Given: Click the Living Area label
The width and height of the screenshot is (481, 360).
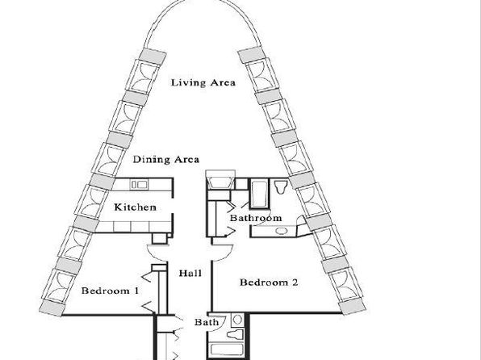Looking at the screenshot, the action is pyautogui.click(x=203, y=82).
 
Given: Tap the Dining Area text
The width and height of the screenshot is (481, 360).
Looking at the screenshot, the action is pyautogui.click(x=166, y=159).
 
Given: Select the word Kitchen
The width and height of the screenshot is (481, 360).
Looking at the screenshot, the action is pyautogui.click(x=136, y=207).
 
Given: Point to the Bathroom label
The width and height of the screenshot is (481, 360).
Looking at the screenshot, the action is pyautogui.click(x=256, y=218).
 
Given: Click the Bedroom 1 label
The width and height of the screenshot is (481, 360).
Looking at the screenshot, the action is pyautogui.click(x=110, y=291).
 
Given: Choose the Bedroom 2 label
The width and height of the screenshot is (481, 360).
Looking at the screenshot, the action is pyautogui.click(x=269, y=283).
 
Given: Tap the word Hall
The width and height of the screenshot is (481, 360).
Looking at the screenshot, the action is pyautogui.click(x=190, y=273).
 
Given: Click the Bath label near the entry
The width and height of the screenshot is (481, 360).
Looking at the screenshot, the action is pyautogui.click(x=207, y=322).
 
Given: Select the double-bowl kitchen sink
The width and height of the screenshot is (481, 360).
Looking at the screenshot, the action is pyautogui.click(x=139, y=185).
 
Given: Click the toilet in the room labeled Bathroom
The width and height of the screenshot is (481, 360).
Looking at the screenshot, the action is pyautogui.click(x=281, y=186).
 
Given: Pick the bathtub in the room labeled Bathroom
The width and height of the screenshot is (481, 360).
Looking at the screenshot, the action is pyautogui.click(x=259, y=194).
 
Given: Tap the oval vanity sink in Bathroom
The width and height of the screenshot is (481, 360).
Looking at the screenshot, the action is pyautogui.click(x=281, y=231).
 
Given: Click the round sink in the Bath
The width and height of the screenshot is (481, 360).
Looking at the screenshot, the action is pyautogui.click(x=237, y=320).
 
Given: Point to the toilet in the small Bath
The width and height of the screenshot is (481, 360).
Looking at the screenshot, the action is pyautogui.click(x=236, y=334).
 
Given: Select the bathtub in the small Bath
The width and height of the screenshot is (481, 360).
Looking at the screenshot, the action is pyautogui.click(x=227, y=350).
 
